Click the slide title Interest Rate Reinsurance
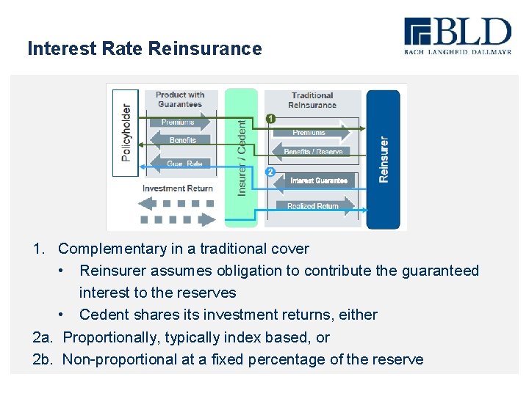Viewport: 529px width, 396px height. coord(144,48)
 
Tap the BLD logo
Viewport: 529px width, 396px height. coord(456,37)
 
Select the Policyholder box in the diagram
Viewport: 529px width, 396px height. coord(125,132)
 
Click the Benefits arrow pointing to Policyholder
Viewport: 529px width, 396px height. coord(181,140)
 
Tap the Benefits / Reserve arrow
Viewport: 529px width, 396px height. coord(312,152)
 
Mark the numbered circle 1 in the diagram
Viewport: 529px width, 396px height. coord(270,118)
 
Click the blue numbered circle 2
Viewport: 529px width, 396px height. coord(270,172)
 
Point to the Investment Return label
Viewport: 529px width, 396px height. coord(177,188)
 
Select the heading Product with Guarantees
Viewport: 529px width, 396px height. coord(180,100)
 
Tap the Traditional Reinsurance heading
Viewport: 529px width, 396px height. coord(312,100)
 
